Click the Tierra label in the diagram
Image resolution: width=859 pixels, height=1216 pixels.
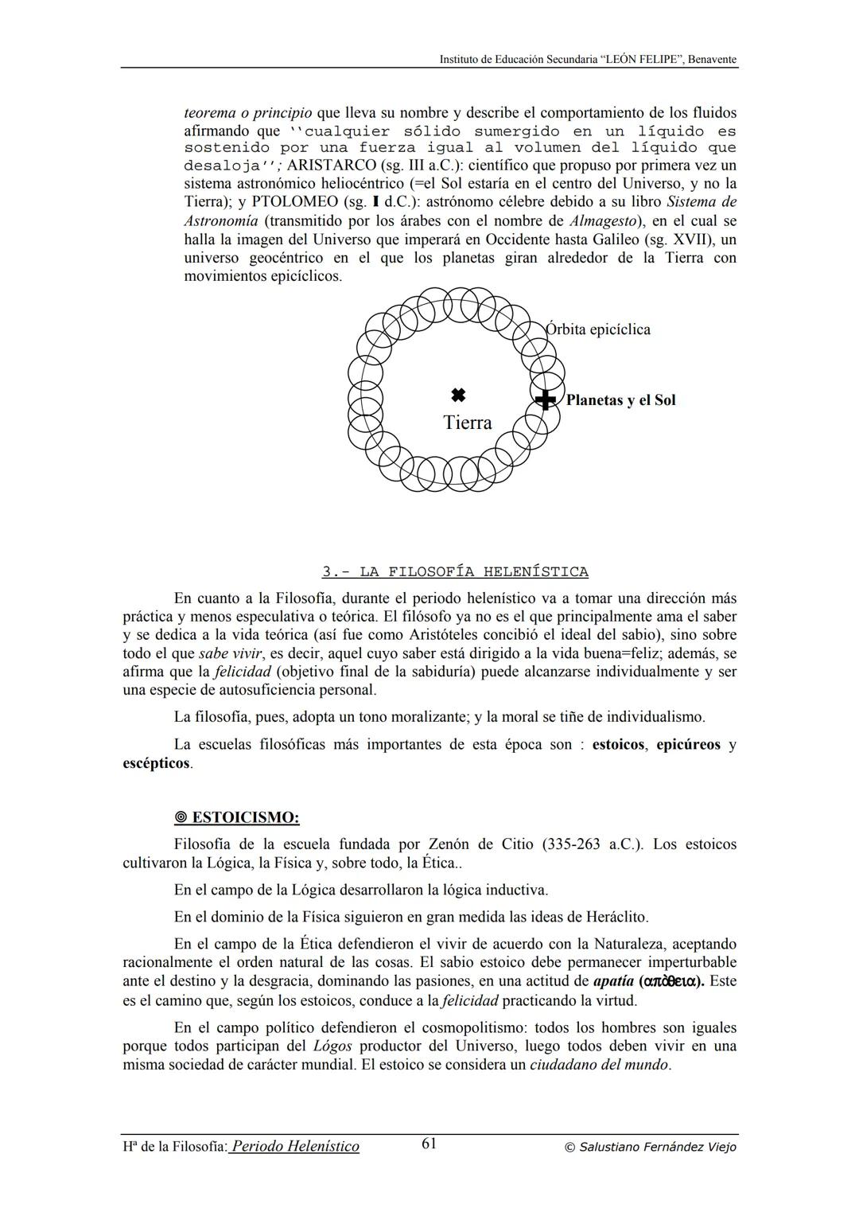point(467,423)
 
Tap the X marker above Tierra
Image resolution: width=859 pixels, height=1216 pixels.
point(457,395)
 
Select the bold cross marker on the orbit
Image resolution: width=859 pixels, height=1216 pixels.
point(545,399)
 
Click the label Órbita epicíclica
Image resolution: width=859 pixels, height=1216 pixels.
point(598,329)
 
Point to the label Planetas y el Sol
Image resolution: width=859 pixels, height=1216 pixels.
point(620,400)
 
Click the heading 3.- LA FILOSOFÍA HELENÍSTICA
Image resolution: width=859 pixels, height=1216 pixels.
point(455,571)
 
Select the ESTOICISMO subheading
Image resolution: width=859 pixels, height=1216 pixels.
point(245,817)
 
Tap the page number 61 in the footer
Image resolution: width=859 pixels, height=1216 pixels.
point(429,1144)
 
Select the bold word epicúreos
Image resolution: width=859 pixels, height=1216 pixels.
point(688,745)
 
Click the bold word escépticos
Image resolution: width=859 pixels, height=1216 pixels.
point(156,763)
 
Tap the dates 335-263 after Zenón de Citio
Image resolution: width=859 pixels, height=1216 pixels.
point(571,844)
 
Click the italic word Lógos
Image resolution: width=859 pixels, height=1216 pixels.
point(332,1046)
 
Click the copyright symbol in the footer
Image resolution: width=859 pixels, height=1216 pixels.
point(569,1148)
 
